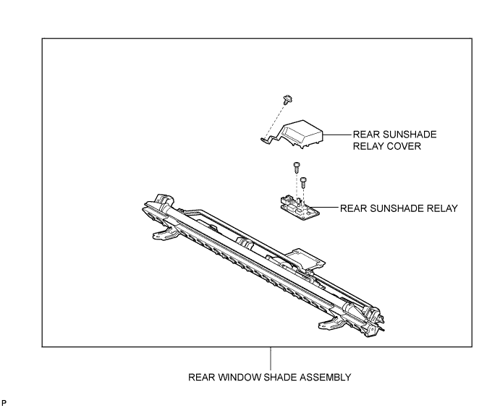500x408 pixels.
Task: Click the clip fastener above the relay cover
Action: (x=288, y=99)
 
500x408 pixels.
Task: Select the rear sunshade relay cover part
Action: (x=293, y=135)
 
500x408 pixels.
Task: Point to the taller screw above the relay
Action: (x=297, y=168)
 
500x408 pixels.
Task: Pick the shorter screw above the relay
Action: (x=303, y=182)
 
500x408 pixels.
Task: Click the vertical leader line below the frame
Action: (x=271, y=358)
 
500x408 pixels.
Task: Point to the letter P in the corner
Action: (x=4, y=403)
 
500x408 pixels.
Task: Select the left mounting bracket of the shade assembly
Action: (x=164, y=234)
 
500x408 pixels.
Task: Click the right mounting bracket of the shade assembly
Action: (x=331, y=323)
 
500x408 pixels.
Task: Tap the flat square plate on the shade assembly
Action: (x=305, y=258)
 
